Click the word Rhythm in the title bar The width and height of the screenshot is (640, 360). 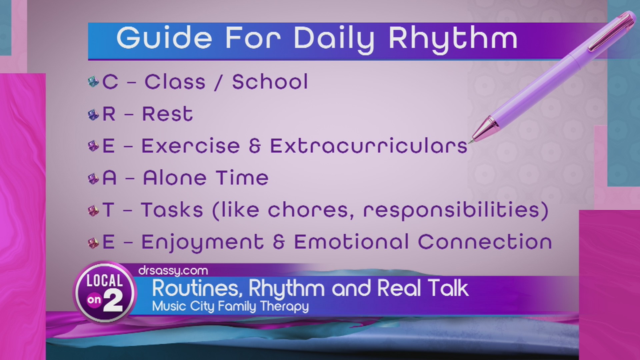[453, 39]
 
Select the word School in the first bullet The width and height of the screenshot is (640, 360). [270, 82]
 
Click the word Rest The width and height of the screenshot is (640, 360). [167, 114]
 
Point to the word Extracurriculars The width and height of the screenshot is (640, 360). [369, 146]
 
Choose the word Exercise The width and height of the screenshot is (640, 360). [191, 146]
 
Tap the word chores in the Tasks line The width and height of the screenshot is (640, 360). [311, 210]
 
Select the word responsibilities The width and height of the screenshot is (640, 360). [455, 211]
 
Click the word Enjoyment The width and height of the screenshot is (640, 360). [202, 243]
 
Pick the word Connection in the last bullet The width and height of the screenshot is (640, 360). [485, 242]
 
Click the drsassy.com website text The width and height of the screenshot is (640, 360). [173, 271]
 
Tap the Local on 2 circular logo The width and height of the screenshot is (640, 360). [105, 293]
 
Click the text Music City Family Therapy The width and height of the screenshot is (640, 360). [230, 306]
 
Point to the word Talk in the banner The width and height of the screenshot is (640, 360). [448, 288]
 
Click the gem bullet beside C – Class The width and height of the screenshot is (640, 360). [93, 82]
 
